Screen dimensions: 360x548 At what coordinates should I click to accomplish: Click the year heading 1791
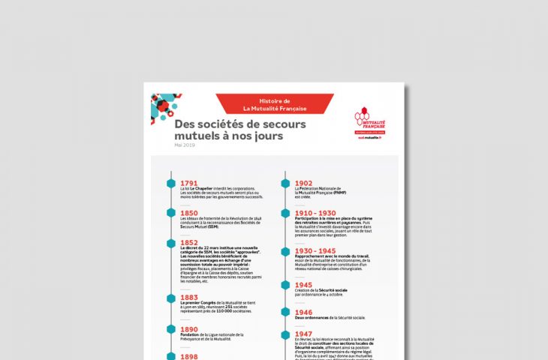(189, 182)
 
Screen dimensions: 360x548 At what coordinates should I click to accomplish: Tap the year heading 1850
(189, 213)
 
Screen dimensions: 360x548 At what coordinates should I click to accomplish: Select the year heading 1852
(189, 243)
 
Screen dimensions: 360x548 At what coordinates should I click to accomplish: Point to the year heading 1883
(189, 297)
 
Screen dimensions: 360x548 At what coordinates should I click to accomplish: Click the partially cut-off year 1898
(189, 356)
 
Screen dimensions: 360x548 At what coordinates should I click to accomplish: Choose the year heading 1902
(303, 182)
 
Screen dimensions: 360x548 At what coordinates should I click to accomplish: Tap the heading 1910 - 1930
(315, 213)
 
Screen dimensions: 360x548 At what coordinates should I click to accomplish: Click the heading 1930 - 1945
(315, 251)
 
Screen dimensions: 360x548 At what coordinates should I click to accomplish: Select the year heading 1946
(303, 312)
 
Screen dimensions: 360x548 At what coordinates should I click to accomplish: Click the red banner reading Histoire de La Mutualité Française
(272, 104)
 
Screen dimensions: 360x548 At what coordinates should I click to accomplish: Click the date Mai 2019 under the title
(184, 145)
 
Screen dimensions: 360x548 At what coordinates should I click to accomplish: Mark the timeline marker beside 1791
(171, 183)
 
